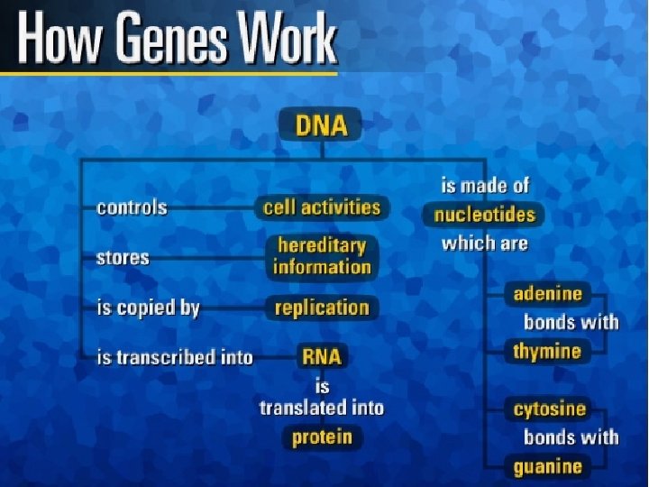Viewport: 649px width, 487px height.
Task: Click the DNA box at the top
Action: [321, 125]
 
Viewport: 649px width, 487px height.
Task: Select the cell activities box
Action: [322, 207]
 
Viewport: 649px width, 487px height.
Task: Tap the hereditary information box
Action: [322, 256]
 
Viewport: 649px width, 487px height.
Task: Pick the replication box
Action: [322, 308]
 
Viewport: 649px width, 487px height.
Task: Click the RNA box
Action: [322, 357]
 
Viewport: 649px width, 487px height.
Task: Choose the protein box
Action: [322, 438]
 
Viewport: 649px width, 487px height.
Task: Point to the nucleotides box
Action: [484, 215]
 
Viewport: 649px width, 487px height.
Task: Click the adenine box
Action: [548, 294]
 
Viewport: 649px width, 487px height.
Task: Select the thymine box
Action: [547, 351]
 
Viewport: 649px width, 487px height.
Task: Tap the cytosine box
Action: [549, 409]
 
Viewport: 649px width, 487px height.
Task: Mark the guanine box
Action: [547, 466]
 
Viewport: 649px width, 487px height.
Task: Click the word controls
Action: [132, 207]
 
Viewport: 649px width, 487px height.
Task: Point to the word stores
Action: [123, 258]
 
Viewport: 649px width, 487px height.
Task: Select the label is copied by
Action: [148, 308]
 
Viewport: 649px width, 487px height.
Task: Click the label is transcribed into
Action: [175, 357]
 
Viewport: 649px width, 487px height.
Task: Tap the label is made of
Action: [485, 186]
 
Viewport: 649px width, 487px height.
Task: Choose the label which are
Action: [484, 243]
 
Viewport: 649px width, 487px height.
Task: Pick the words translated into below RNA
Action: [322, 408]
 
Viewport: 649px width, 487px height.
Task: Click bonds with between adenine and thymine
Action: [571, 322]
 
